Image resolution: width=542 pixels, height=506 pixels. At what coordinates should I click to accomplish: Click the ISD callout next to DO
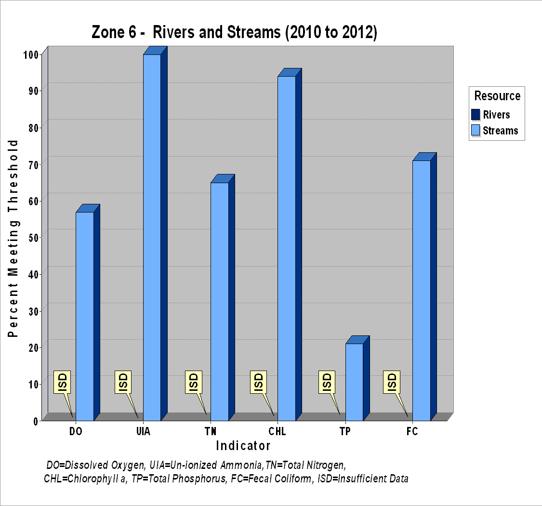[62, 382]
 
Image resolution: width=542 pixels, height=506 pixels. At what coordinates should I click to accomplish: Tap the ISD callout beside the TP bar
[327, 382]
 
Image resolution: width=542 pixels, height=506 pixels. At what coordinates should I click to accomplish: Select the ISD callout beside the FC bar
[392, 382]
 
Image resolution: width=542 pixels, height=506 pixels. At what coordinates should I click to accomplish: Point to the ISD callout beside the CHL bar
[259, 382]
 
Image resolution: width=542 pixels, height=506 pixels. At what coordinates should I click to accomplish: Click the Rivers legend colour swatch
[476, 115]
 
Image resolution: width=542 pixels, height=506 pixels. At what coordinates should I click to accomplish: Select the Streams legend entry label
[500, 131]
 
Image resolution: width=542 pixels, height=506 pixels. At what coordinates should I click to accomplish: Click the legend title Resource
[497, 96]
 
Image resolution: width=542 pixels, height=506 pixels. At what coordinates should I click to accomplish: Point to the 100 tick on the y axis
[30, 54]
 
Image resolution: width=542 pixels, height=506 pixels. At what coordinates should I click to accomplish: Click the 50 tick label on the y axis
[33, 238]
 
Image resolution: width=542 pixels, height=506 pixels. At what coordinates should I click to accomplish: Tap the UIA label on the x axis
[143, 431]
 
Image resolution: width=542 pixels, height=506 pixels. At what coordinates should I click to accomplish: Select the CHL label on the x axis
[277, 431]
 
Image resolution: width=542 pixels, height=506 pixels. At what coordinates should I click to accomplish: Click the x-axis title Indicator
[243, 446]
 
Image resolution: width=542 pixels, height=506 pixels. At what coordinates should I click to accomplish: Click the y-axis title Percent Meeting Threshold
[13, 238]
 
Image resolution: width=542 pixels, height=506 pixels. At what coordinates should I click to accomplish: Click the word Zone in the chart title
[109, 32]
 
